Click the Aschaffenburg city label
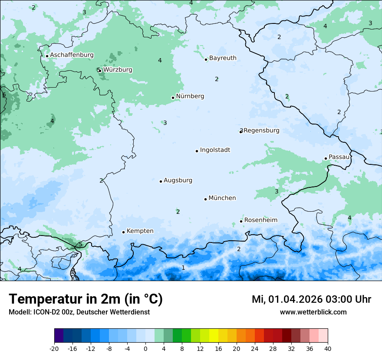[72, 55]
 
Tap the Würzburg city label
[118, 70]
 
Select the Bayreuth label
[223, 58]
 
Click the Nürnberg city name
[190, 96]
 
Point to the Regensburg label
[261, 131]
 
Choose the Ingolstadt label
[215, 150]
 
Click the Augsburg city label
[178, 180]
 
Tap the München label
[222, 198]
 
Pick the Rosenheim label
[260, 220]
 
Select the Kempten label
[140, 231]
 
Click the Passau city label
[339, 157]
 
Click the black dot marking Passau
[326, 158]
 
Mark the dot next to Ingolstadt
[197, 151]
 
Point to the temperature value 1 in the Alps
[183, 268]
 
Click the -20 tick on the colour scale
[54, 348]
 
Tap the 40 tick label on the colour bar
[328, 348]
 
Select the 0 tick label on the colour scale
[145, 348]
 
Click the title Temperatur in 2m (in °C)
[86, 299]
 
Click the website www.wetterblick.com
[313, 312]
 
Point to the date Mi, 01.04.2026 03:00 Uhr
[311, 299]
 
